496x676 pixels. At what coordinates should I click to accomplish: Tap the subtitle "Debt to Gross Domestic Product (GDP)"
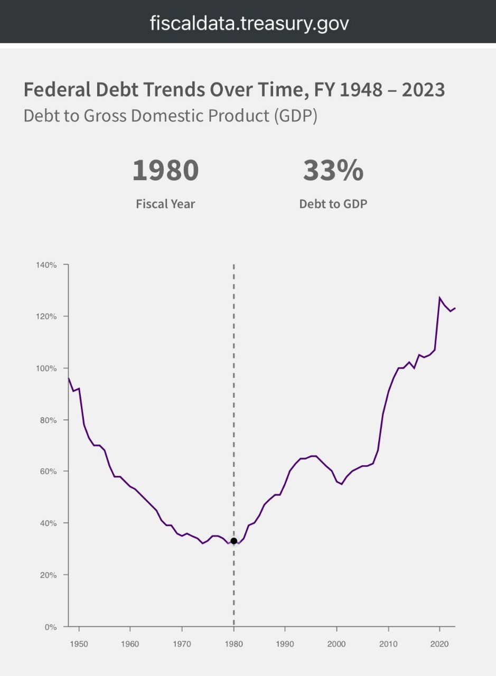[170, 116]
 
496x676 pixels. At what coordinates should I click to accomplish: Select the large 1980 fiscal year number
[165, 170]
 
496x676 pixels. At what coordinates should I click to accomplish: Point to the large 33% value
[333, 170]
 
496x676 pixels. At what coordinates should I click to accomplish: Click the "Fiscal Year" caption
[165, 204]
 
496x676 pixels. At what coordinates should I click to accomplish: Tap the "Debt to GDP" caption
[333, 204]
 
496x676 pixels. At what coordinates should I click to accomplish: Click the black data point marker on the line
[233, 541]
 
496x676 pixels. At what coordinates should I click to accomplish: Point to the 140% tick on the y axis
[46, 265]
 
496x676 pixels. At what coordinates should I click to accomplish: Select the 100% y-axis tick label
[46, 368]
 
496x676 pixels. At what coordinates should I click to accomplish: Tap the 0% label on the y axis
[50, 627]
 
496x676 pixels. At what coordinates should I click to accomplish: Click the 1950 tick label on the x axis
[79, 644]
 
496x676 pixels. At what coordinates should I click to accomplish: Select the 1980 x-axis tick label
[233, 644]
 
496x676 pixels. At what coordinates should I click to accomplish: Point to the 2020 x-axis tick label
[439, 644]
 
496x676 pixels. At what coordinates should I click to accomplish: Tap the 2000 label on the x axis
[336, 644]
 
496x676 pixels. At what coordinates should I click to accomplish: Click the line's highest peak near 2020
[439, 298]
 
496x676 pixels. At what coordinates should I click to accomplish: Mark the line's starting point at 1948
[69, 378]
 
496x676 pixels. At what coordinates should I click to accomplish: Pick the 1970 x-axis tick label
[182, 644]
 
